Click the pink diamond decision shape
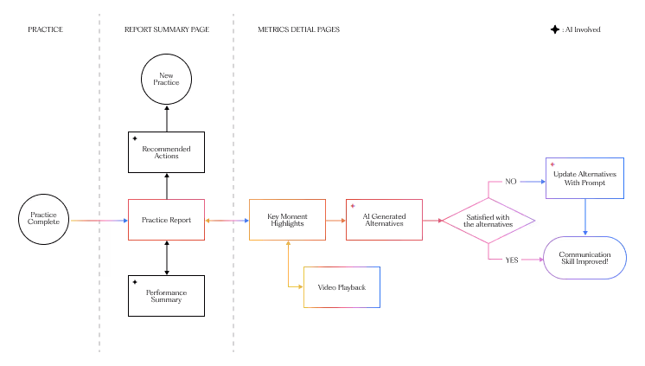(489, 221)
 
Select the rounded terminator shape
(584, 258)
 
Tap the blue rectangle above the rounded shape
(584, 178)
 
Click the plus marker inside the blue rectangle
(552, 164)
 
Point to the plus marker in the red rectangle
(353, 206)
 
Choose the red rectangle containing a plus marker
(384, 220)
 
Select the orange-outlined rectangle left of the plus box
(287, 220)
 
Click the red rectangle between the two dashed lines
(166, 220)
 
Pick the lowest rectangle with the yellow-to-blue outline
(342, 287)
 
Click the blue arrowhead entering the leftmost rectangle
(125, 221)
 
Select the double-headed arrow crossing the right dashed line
(227, 221)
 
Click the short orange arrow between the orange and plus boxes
(335, 221)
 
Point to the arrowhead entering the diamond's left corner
(440, 221)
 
